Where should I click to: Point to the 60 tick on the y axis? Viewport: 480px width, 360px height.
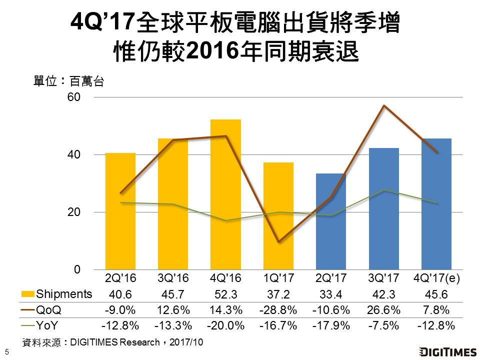[74, 97]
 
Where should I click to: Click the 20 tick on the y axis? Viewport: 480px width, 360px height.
[74, 212]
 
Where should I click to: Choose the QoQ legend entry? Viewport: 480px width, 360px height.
[48, 309]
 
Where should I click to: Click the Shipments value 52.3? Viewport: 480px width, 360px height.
[225, 294]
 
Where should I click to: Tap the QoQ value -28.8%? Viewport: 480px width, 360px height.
[278, 310]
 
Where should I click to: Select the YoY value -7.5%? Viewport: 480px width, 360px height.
[383, 326]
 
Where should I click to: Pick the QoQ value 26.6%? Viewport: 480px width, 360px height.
[383, 310]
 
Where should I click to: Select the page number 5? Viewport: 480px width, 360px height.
[6, 351]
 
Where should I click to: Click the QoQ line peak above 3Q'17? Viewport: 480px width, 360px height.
[383, 105]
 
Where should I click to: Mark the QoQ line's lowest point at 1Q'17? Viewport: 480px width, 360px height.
[278, 241]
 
